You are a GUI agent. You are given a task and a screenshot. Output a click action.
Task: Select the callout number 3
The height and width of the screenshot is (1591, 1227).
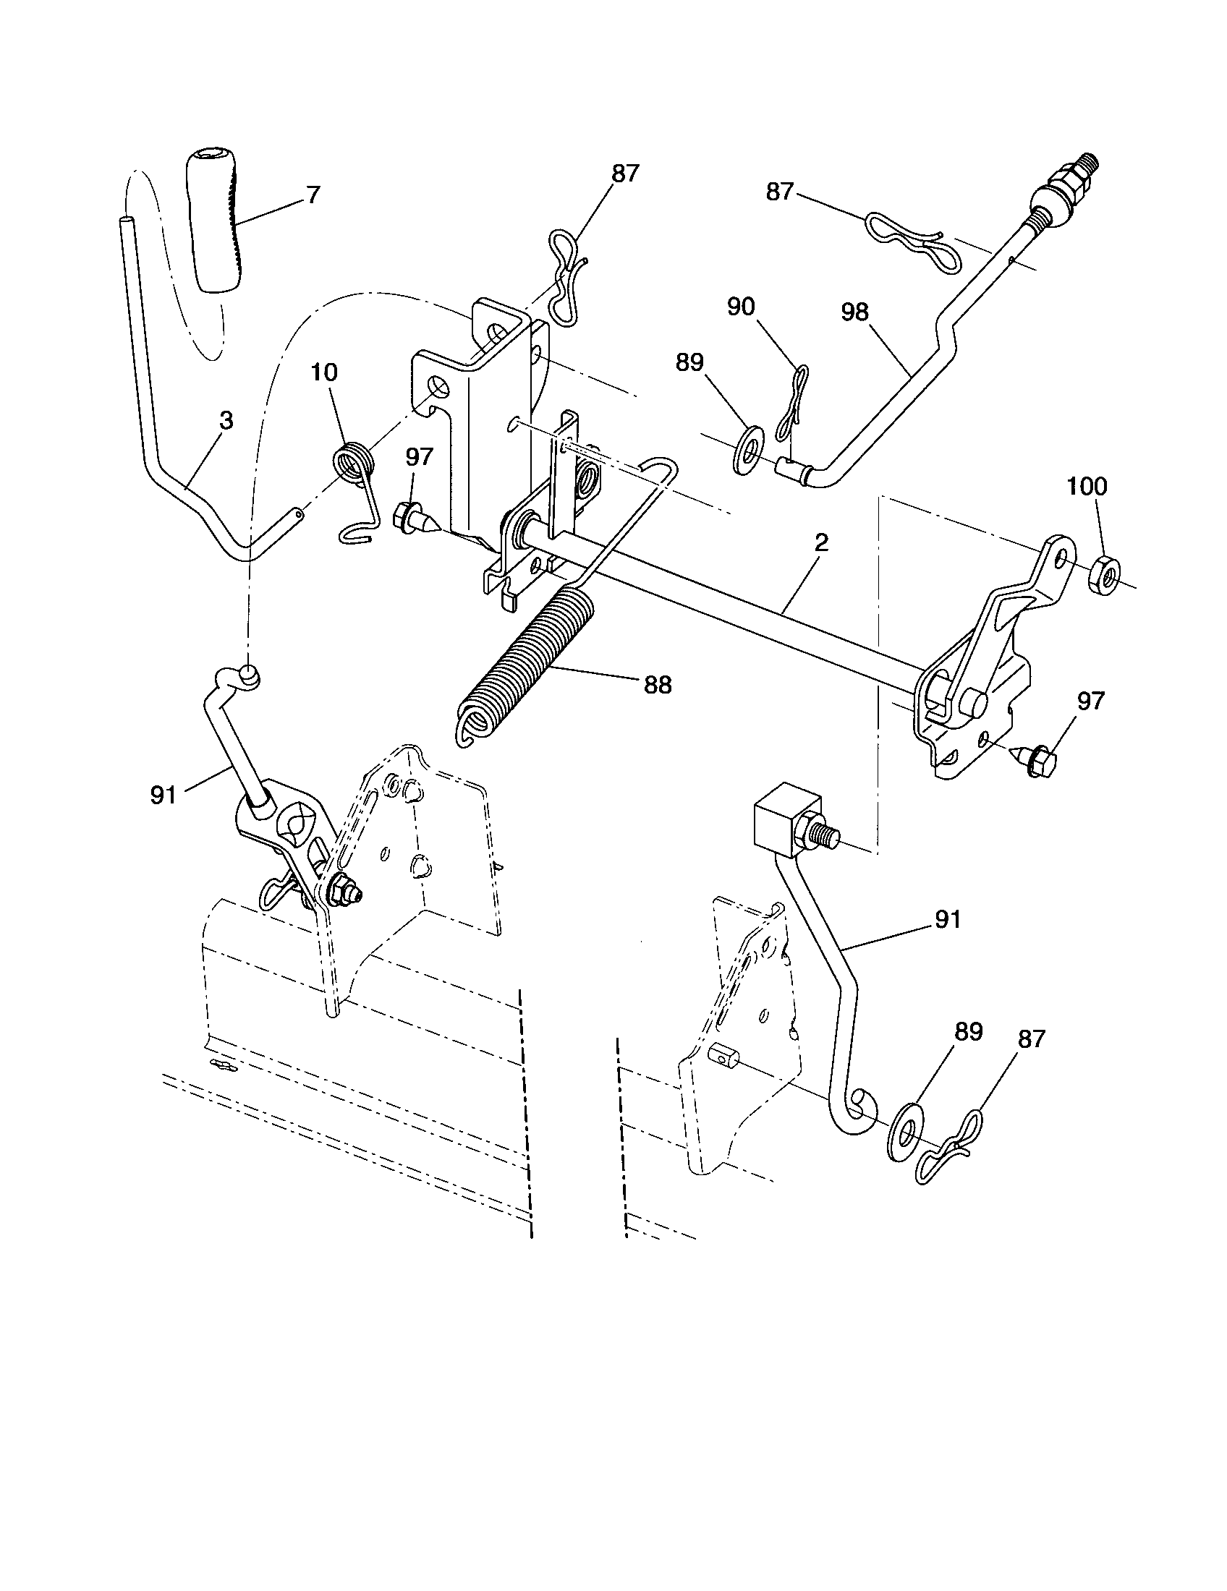tap(226, 421)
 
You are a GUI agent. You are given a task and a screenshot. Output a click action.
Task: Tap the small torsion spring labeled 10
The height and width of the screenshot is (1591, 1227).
tap(354, 464)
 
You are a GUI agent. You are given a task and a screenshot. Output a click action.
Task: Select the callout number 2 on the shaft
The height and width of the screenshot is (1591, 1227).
tap(821, 542)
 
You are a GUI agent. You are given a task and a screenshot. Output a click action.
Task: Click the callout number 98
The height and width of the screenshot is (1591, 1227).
tap(854, 312)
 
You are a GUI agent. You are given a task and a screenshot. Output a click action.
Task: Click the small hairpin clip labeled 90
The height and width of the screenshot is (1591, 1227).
tap(791, 408)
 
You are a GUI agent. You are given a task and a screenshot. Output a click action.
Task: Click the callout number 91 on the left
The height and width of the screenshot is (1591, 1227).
tap(164, 795)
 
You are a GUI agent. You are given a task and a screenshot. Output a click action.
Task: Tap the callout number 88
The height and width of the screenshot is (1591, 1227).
tap(657, 685)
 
